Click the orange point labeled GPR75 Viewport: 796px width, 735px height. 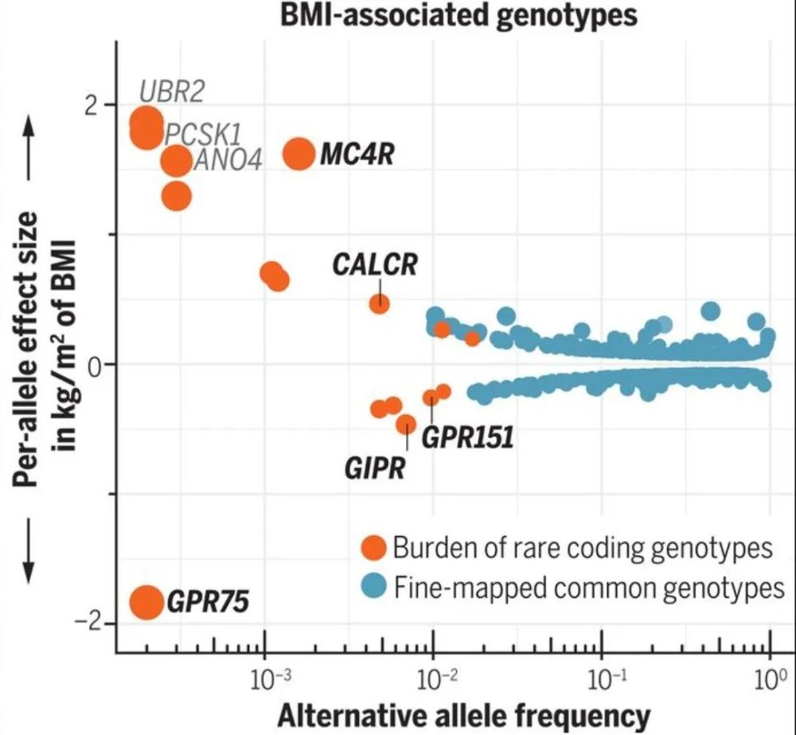146,602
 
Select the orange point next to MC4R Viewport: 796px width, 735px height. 299,153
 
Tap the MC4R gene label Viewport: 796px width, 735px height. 357,154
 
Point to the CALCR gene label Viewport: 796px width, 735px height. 375,264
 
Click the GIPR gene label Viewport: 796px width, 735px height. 375,467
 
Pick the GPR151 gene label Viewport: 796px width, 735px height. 466,437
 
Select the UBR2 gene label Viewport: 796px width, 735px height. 172,92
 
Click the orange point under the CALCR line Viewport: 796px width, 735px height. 380,303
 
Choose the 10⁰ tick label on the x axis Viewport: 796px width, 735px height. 769,679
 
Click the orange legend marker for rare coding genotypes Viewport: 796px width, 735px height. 372,547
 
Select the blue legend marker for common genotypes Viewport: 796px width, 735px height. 372,588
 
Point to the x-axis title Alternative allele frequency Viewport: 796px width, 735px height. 463,716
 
